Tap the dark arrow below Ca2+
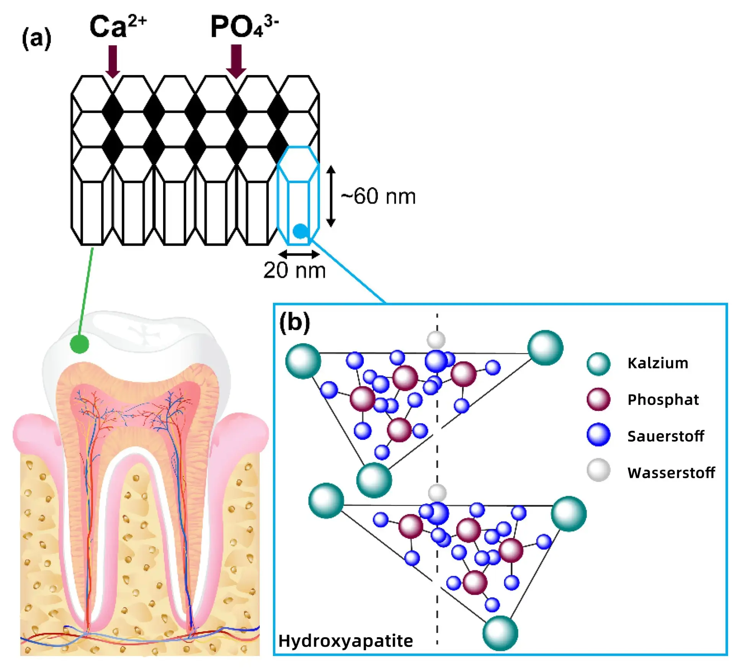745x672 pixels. (x=113, y=61)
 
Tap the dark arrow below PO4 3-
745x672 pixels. (x=236, y=61)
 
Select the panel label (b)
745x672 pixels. (x=294, y=323)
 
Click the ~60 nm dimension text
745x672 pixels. (x=378, y=197)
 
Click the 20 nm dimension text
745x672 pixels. (x=294, y=271)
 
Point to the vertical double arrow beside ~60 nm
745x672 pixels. (x=331, y=196)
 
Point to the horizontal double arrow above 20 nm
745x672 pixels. (x=299, y=254)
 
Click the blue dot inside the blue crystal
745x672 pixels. (x=301, y=231)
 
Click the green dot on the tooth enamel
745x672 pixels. (x=80, y=343)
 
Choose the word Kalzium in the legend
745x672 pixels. (x=658, y=363)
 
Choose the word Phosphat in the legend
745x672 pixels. (x=663, y=400)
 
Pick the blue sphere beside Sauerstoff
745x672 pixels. (x=598, y=435)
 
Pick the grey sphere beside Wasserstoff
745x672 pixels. (x=598, y=470)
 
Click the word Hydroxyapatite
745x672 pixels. (x=346, y=641)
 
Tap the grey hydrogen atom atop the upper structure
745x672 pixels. (x=436, y=339)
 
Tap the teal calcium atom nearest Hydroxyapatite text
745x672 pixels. (x=500, y=633)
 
